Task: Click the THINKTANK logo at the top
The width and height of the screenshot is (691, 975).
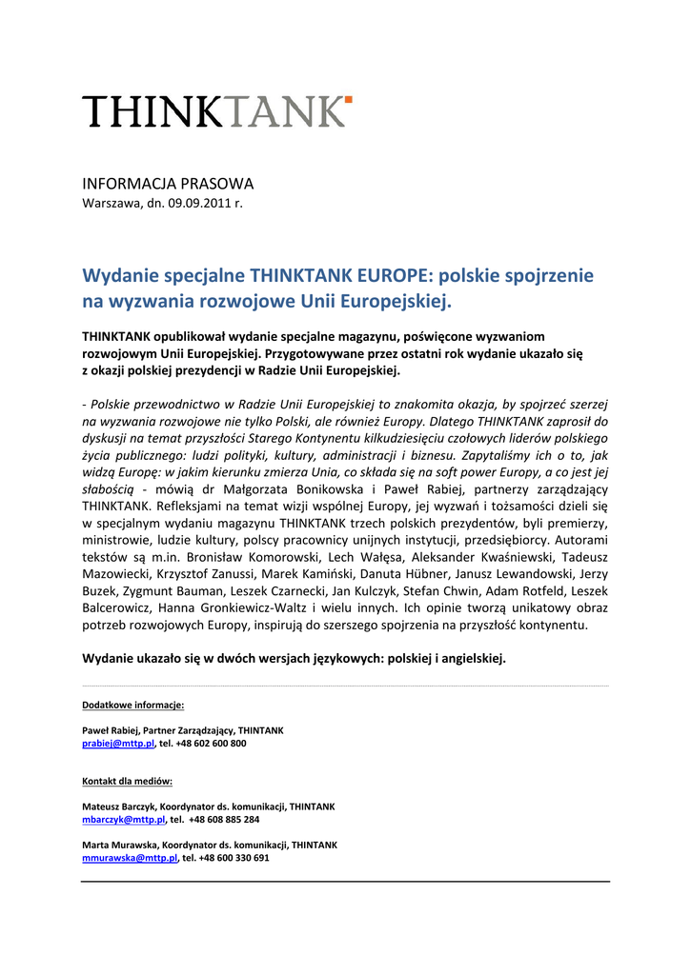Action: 216,111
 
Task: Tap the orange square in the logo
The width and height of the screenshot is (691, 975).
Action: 349,98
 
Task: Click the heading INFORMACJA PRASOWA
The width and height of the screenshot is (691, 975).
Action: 168,184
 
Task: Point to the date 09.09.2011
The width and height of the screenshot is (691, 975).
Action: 201,203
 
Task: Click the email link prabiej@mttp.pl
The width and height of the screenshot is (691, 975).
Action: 118,743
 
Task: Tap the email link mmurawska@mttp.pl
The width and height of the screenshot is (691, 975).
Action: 130,857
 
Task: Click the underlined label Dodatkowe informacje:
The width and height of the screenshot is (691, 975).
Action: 132,706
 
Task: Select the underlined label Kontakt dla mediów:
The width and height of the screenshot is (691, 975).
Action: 127,781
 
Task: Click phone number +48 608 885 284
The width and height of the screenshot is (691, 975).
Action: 224,819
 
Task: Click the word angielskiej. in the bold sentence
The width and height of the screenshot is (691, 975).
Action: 471,658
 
